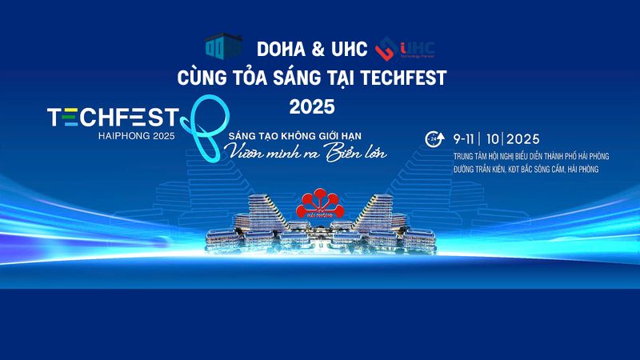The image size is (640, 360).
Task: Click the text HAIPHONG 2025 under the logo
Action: [x=136, y=136]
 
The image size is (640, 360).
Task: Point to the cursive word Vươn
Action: [x=243, y=153]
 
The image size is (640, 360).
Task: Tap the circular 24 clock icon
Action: [x=434, y=138]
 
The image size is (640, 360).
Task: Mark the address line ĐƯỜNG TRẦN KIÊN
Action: [x=526, y=169]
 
